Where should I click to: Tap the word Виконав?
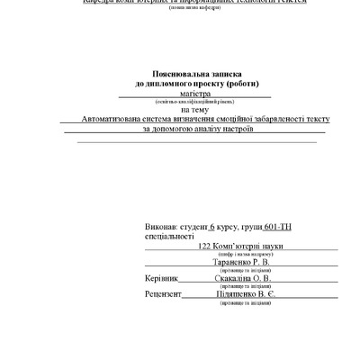coord(161,227)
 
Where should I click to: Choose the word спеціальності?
coord(169,236)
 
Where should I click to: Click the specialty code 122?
coord(204,246)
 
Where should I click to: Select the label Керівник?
coord(161,279)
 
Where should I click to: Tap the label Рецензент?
coord(163,295)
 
